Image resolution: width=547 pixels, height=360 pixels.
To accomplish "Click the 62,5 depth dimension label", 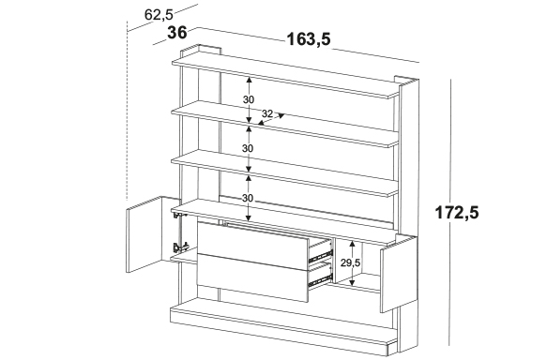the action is pos(159,15).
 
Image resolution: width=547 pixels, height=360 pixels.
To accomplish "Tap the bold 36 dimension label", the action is pos(177,33).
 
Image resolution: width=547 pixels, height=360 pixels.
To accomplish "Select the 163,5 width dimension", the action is pos(309,39).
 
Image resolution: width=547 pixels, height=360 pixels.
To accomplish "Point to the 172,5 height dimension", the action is pos(457,213).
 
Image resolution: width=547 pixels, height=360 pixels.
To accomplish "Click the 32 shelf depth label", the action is pos(267,113).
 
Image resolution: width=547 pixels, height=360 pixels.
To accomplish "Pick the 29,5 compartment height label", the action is pos(350,262).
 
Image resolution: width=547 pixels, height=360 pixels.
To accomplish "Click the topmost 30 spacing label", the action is pos(249,99).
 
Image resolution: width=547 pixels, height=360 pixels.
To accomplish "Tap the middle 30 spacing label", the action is pos(248,148).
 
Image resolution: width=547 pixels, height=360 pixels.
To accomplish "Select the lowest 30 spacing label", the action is pos(248,199).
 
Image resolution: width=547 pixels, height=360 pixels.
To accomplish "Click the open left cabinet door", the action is pos(144,234).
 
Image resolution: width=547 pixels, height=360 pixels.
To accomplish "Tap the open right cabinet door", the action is pos(399,276).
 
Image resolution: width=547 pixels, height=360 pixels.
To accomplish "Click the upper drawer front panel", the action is pos(253,246).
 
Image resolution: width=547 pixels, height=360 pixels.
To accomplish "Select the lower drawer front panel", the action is pos(253,278).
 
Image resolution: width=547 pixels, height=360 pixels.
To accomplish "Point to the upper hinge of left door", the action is pos(179,216).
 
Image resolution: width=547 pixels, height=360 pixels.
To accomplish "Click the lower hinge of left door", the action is pos(181,247).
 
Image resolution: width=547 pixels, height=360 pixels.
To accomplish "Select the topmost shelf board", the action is pos(285,77).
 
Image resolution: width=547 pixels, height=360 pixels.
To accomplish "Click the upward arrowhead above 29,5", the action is pos(353,243).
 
